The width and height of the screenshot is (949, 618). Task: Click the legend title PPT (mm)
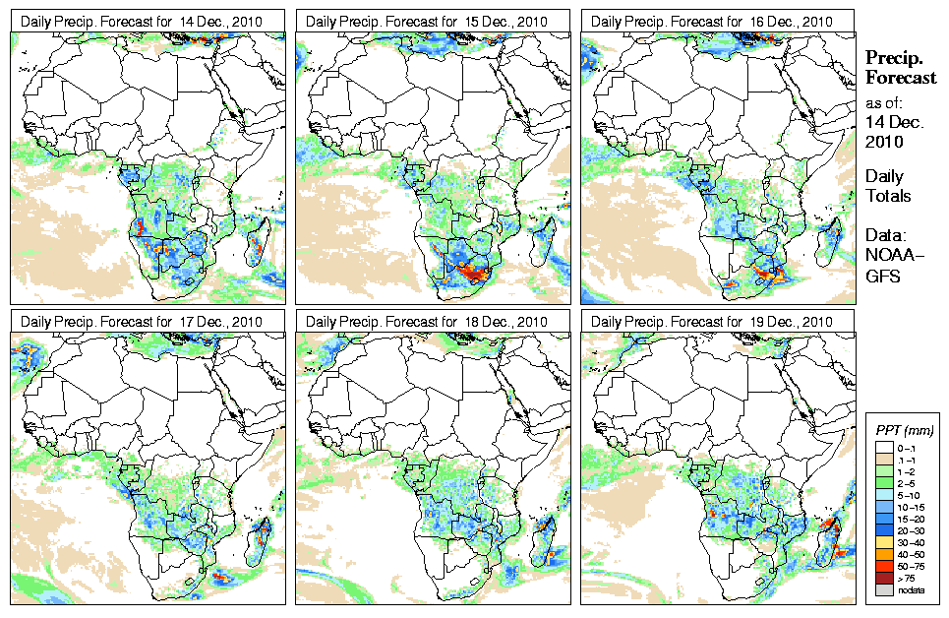(x=904, y=431)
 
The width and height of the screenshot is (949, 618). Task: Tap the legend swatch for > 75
(x=884, y=578)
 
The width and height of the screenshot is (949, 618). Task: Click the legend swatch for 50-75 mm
(x=884, y=567)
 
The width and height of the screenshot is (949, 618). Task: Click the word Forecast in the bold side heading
(x=901, y=78)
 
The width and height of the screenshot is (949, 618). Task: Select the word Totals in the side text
(x=888, y=196)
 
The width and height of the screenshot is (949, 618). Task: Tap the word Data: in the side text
(x=886, y=236)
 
